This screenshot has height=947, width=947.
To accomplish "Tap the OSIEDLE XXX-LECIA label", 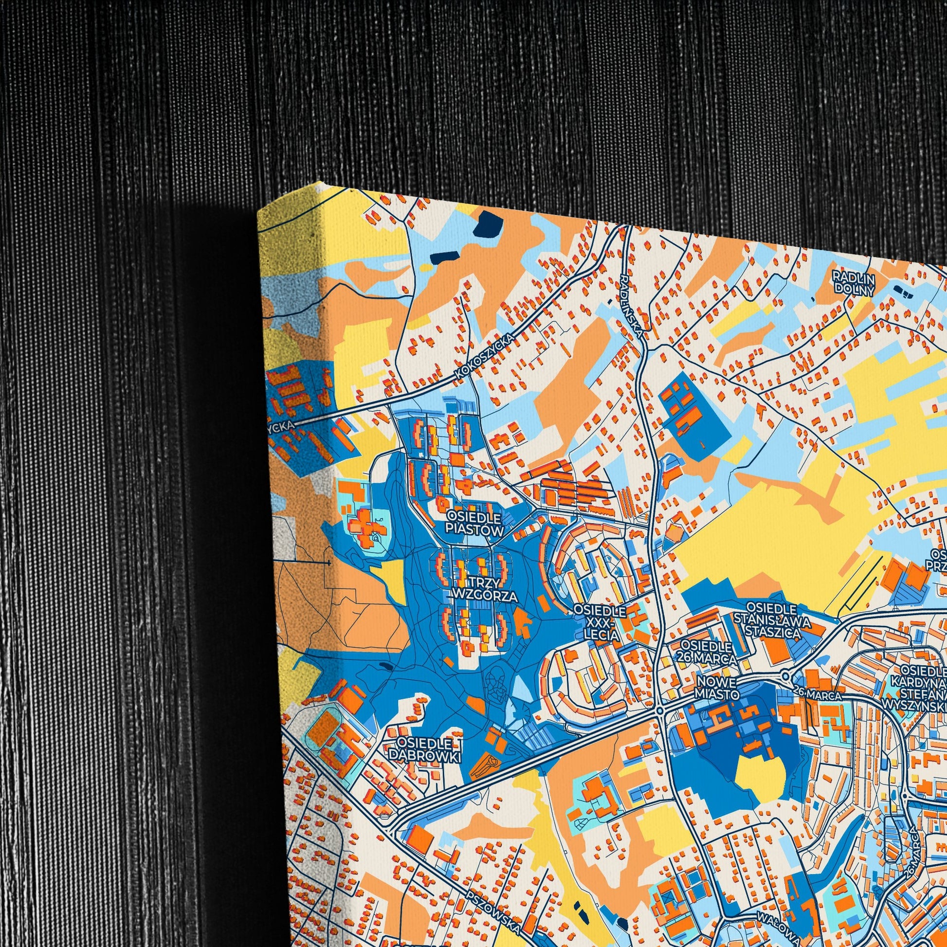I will point(600,623).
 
